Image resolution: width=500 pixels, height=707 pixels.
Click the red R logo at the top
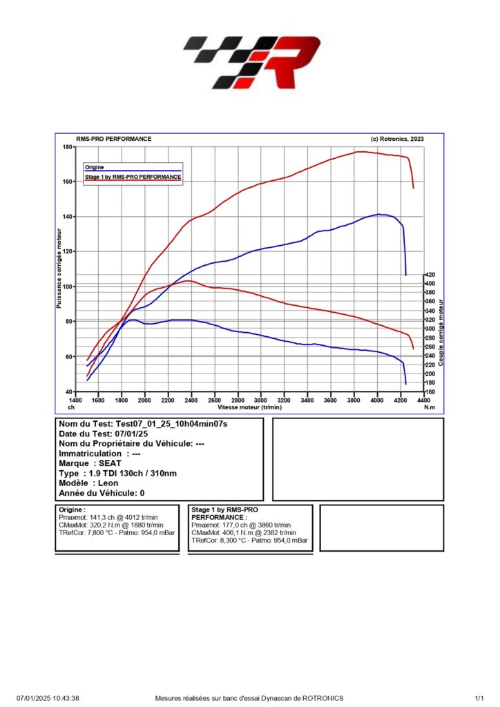tap(291, 64)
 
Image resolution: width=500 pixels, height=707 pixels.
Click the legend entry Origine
tap(94, 167)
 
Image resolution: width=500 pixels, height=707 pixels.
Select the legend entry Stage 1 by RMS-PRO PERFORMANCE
tap(133, 177)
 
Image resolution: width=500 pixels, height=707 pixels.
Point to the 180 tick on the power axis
tap(68, 147)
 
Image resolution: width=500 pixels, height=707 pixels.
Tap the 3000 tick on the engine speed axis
tap(260, 400)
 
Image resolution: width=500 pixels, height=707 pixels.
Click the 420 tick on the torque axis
tap(430, 275)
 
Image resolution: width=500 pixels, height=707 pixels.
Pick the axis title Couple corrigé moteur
tap(441, 331)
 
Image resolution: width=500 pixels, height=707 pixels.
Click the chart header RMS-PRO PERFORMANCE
tap(113, 139)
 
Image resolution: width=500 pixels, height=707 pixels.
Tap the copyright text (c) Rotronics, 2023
tap(397, 139)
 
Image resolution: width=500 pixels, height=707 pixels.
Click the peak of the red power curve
tap(360, 152)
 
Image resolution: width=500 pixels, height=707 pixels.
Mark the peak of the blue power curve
tap(378, 214)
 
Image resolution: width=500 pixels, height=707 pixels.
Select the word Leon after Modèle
tap(109, 483)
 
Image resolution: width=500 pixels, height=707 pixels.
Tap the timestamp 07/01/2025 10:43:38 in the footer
tap(48, 699)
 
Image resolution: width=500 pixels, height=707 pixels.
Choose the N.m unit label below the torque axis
tap(430, 408)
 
